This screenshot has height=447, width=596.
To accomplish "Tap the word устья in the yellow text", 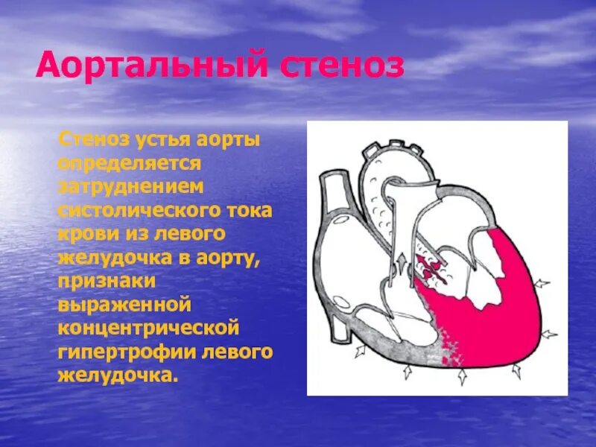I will [162, 139].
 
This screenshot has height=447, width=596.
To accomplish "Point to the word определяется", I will [129, 162].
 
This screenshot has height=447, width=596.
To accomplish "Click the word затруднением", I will [131, 186].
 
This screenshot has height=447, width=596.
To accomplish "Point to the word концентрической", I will [149, 328].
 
